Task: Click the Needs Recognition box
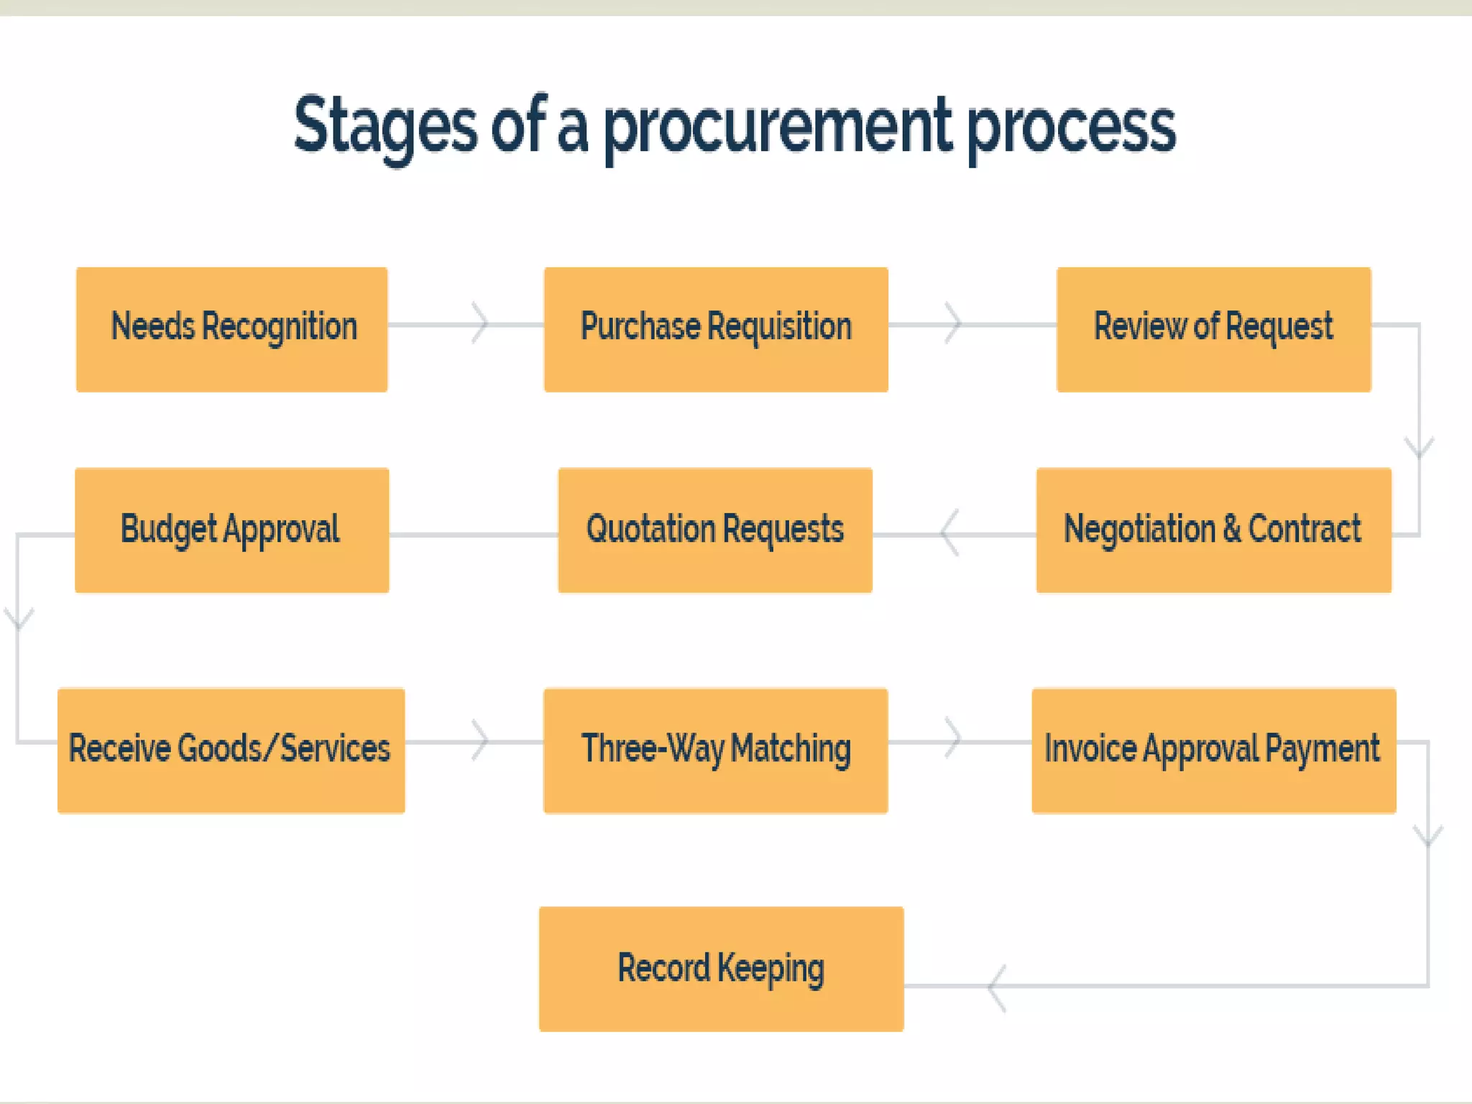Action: [231, 329]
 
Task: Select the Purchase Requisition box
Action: [716, 329]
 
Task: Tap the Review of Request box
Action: [1213, 329]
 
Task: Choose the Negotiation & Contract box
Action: [1213, 530]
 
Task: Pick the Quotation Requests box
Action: [715, 530]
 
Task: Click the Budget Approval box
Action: [231, 530]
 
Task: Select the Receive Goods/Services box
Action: [231, 750]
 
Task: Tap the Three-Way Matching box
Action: [716, 750]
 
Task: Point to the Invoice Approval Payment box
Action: [1213, 750]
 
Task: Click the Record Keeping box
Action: [721, 969]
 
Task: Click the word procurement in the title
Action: [777, 127]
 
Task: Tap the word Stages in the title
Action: [385, 127]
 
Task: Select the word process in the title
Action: [1071, 127]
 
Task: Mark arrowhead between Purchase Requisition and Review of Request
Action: [954, 323]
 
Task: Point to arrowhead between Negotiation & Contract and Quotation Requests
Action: [949, 533]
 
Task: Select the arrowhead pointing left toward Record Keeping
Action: [996, 988]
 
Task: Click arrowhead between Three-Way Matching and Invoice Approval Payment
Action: [954, 738]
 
